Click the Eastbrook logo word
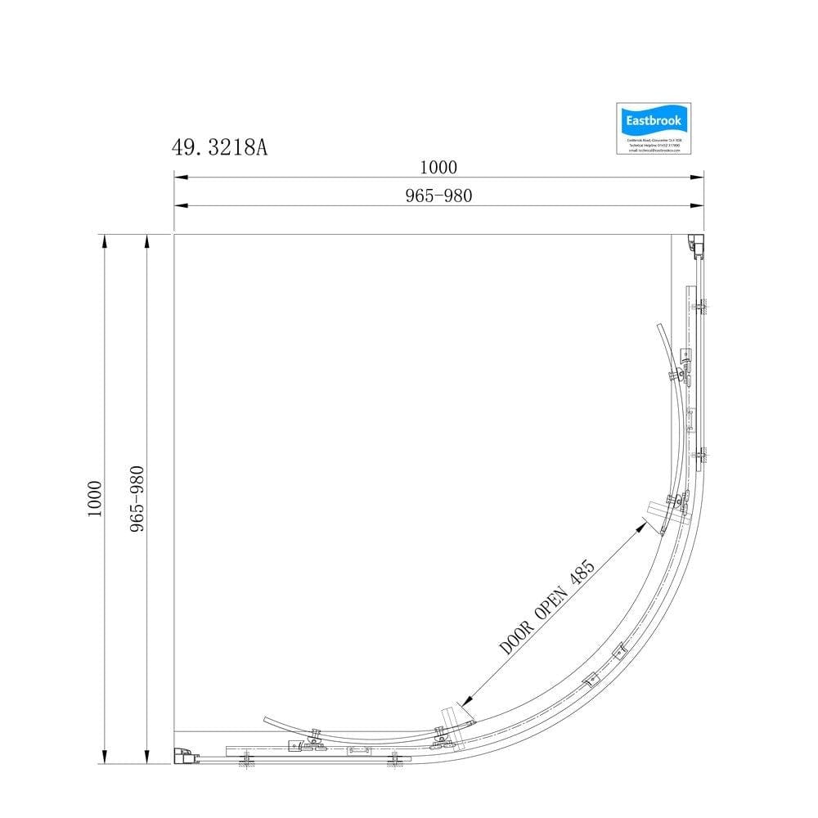[653, 121]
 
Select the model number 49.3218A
[219, 147]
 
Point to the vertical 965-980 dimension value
[137, 499]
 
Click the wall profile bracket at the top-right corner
[694, 244]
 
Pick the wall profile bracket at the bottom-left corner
[184, 756]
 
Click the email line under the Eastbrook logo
[654, 151]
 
